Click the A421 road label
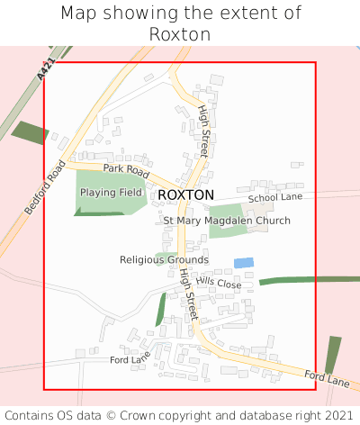click(x=45, y=70)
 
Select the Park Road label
click(x=125, y=168)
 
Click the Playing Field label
click(x=112, y=193)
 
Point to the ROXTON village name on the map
click(x=185, y=194)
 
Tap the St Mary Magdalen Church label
click(x=227, y=221)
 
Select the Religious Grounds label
click(x=164, y=259)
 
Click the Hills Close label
click(x=219, y=284)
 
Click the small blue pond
click(x=243, y=263)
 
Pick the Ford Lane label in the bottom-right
click(x=326, y=379)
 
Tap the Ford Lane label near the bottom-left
click(x=130, y=359)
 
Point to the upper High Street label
click(x=203, y=131)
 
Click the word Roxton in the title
click(x=180, y=34)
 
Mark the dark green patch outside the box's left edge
click(x=30, y=132)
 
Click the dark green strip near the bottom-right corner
click(x=332, y=355)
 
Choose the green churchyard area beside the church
click(x=227, y=228)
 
